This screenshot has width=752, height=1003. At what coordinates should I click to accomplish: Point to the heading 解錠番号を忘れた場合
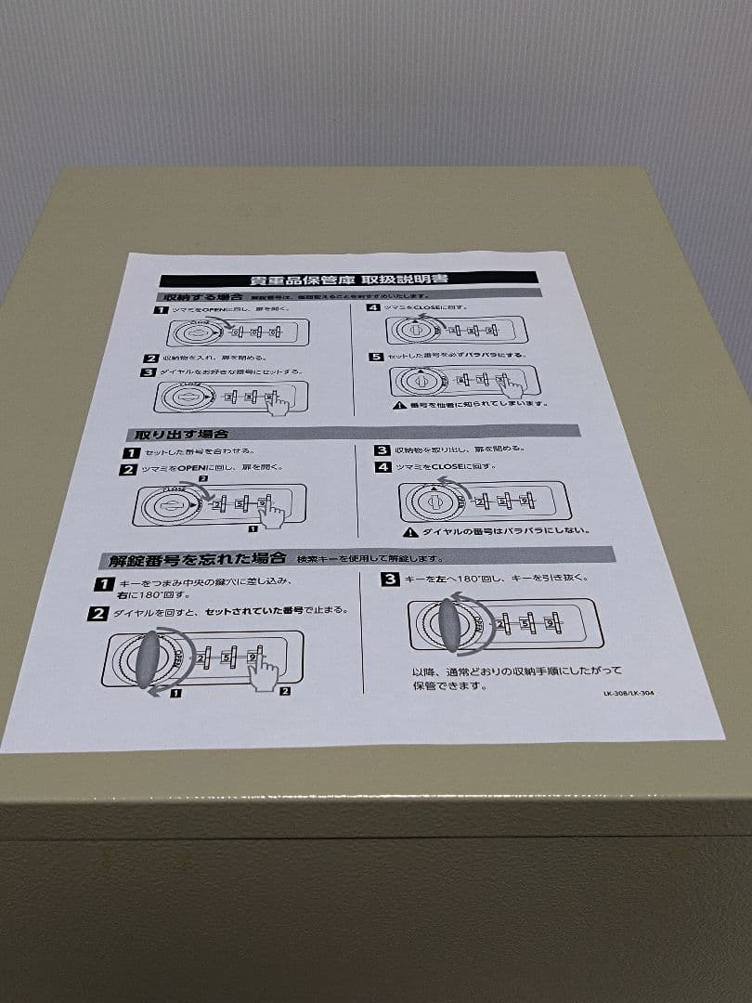[x=196, y=560]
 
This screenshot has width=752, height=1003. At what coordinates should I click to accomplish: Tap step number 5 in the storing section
[x=375, y=357]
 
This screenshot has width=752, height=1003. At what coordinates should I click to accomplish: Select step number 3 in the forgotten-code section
[x=390, y=580]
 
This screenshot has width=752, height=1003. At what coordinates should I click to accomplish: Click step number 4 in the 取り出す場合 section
[x=382, y=467]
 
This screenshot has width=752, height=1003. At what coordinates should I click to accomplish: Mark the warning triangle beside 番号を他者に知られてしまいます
[x=399, y=405]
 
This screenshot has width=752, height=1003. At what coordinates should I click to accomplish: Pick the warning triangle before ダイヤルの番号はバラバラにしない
[x=409, y=532]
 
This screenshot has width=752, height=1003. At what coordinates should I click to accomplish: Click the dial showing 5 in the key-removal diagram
[x=528, y=624]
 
